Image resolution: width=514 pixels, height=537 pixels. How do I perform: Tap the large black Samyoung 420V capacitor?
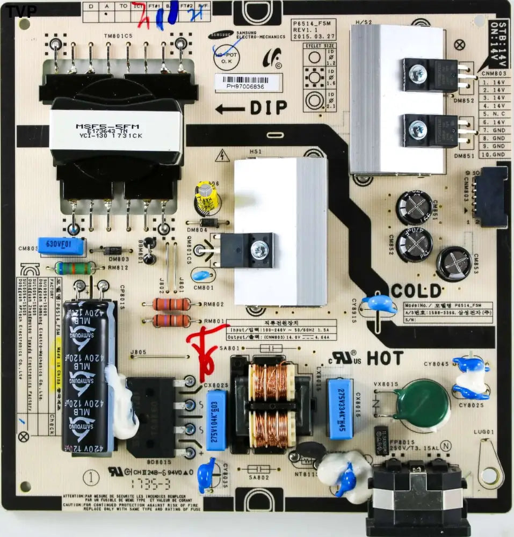(x=89, y=376)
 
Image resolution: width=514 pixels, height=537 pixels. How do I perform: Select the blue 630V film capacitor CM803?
(x=61, y=246)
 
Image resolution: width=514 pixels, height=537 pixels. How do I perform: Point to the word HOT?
(x=385, y=358)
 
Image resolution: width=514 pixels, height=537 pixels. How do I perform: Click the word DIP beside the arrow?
(x=269, y=108)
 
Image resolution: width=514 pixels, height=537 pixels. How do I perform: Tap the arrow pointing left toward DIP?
(x=230, y=109)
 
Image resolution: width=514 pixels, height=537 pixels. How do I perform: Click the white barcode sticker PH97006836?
(x=247, y=82)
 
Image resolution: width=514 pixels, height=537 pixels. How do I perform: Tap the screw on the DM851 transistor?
(x=415, y=128)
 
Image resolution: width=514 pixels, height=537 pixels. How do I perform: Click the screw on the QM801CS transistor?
(x=260, y=248)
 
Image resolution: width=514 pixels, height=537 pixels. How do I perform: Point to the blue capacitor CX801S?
(x=340, y=409)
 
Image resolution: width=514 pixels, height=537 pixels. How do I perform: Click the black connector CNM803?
(x=493, y=195)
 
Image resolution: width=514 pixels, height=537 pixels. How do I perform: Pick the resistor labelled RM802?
(x=171, y=304)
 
